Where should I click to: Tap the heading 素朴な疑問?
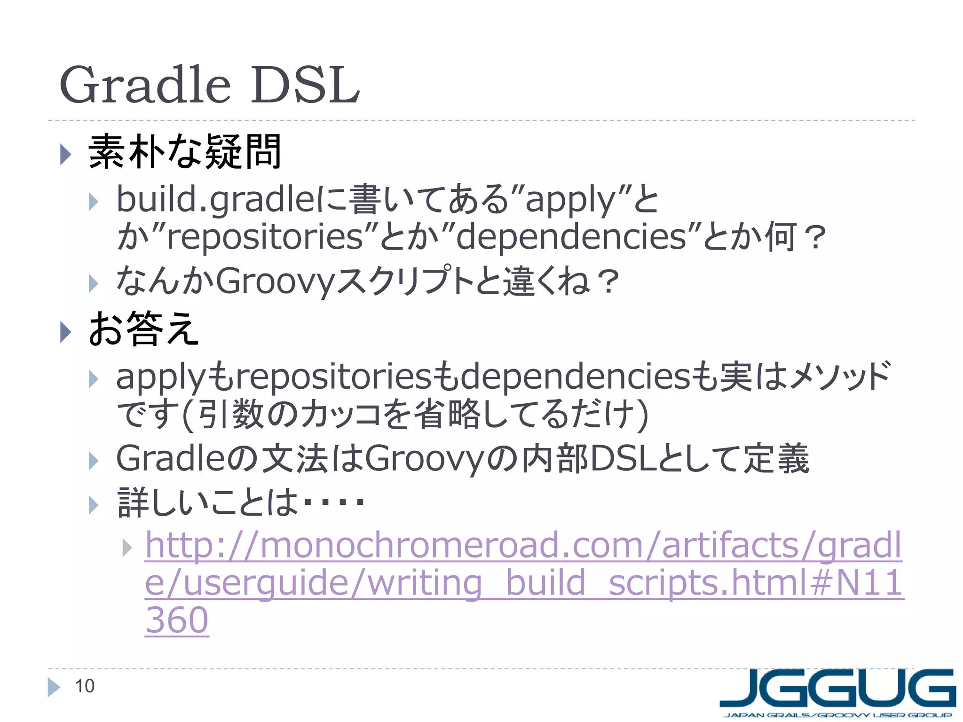pyautogui.click(x=185, y=151)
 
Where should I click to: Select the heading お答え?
pyautogui.click(x=143, y=329)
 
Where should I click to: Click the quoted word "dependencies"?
pyautogui.click(x=571, y=236)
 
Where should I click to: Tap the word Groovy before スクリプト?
pyautogui.click(x=275, y=281)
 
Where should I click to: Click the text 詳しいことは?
pyautogui.click(x=207, y=502)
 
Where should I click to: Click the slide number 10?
pyautogui.click(x=85, y=686)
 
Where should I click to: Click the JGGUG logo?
pyautogui.click(x=837, y=689)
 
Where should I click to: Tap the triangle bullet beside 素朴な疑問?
pyautogui.click(x=65, y=154)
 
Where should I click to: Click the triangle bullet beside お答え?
pyautogui.click(x=65, y=332)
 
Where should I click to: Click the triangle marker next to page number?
pyautogui.click(x=54, y=687)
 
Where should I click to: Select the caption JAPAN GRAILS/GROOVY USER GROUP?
pyautogui.click(x=837, y=715)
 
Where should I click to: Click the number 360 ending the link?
pyautogui.click(x=177, y=620)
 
